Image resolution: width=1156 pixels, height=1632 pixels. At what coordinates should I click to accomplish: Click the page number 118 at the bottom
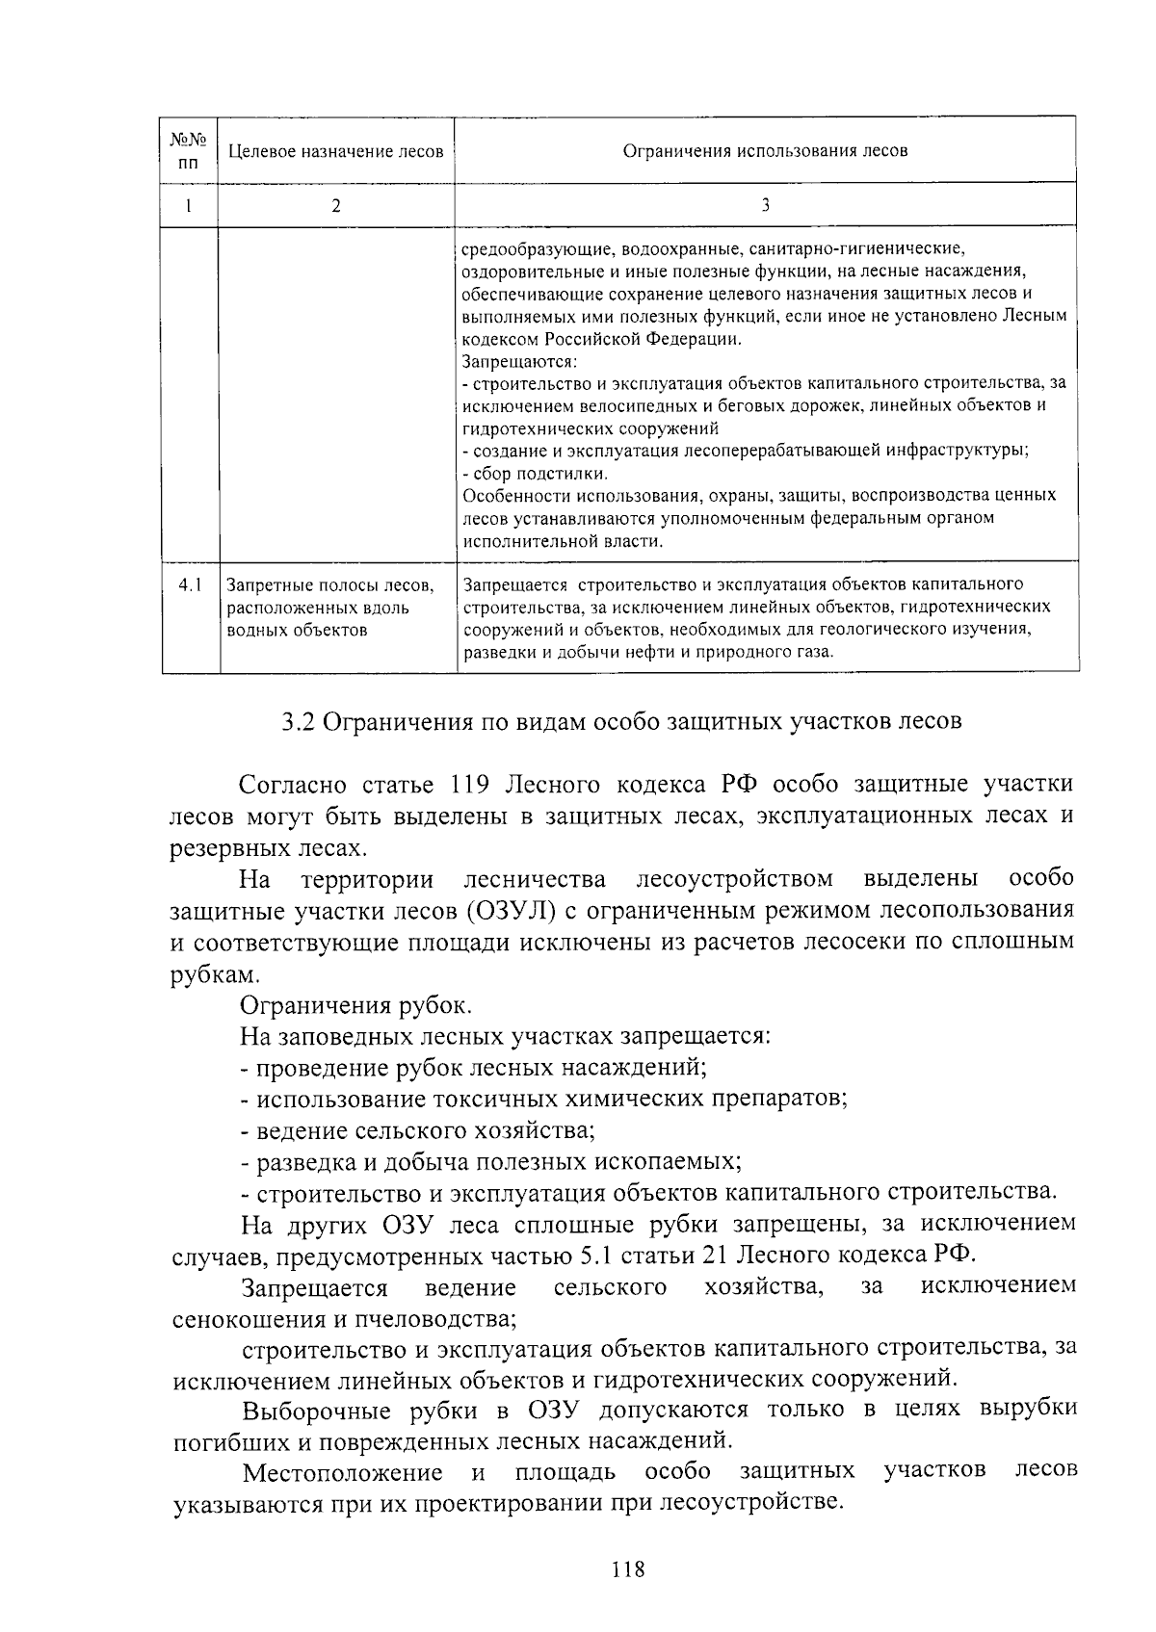(x=627, y=1570)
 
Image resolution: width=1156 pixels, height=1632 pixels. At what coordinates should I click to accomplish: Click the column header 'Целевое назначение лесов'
(x=335, y=151)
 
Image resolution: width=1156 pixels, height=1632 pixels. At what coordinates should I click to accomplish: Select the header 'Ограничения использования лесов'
(x=765, y=150)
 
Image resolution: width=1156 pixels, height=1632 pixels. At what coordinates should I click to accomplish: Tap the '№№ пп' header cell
(x=189, y=150)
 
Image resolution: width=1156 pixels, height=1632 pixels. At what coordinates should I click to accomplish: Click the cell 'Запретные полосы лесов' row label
(x=329, y=585)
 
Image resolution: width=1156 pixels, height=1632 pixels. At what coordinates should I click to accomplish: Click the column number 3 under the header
(x=765, y=205)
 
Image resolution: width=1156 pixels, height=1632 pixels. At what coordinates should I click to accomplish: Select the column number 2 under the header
(x=335, y=205)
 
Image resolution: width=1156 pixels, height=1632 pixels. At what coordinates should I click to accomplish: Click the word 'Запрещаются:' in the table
(x=519, y=362)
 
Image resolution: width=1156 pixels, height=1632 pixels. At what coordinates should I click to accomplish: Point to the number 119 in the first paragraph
(x=471, y=785)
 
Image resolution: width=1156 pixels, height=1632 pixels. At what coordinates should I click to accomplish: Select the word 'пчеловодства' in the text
(x=438, y=1317)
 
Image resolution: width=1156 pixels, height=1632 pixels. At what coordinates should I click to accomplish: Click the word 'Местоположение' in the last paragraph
(x=342, y=1472)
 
